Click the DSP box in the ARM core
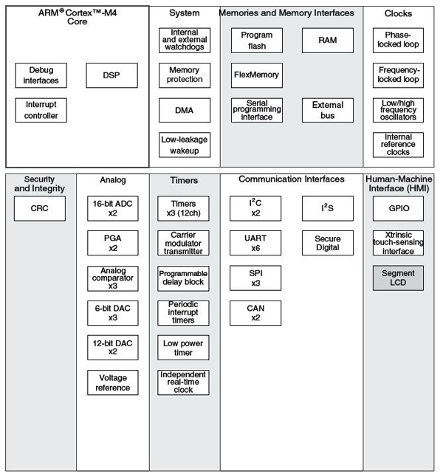point(111,75)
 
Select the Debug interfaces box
point(41,75)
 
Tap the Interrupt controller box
point(41,110)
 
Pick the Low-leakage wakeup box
point(185,144)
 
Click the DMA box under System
point(185,110)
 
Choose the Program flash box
point(256,40)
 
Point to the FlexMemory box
point(256,75)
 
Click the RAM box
point(328,40)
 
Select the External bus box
point(328,110)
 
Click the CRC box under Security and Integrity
point(40,208)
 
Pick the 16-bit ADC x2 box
point(113,208)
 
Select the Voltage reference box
point(113,382)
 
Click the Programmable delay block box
point(184,278)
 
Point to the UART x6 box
point(255,243)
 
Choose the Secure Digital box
point(328,243)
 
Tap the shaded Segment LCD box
point(399,278)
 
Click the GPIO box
point(399,208)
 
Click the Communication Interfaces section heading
point(292,179)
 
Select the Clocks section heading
point(399,13)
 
